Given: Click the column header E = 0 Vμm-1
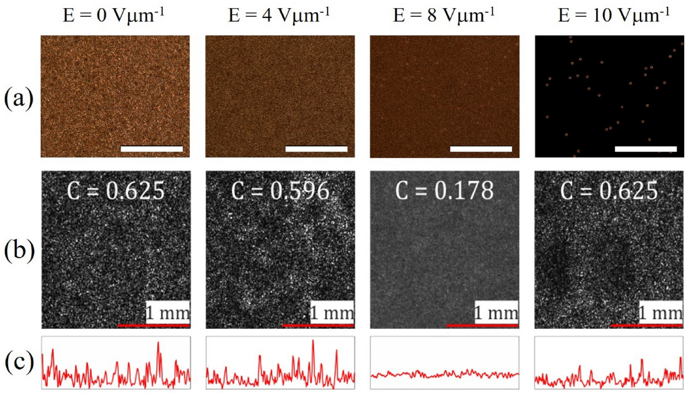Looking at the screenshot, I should [x=113, y=16].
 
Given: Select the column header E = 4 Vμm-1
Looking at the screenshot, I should [x=279, y=16].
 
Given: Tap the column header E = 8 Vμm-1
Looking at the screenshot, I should [x=444, y=16].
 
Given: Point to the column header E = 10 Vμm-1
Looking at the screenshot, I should [x=614, y=16].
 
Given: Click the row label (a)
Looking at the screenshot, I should [x=19, y=98].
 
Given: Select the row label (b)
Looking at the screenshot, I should [x=19, y=250].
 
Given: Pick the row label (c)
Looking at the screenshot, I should [x=19, y=362].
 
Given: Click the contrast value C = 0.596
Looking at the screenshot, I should [x=280, y=191].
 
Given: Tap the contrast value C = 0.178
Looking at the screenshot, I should [x=444, y=191].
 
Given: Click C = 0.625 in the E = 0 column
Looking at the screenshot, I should [x=116, y=191].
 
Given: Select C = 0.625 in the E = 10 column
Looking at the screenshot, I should [x=609, y=191].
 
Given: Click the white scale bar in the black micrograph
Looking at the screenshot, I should [x=645, y=149].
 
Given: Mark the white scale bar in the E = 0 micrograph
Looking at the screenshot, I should [x=151, y=149].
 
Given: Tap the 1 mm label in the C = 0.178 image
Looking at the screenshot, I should [x=496, y=313].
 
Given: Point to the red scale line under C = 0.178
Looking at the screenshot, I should [x=482, y=325].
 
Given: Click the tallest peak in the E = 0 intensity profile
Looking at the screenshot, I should [x=158, y=344].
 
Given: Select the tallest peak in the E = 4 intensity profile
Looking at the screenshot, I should [x=313, y=341].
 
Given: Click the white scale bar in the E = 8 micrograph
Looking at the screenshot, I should [x=481, y=149].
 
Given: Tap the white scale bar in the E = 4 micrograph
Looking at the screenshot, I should [x=316, y=149].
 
